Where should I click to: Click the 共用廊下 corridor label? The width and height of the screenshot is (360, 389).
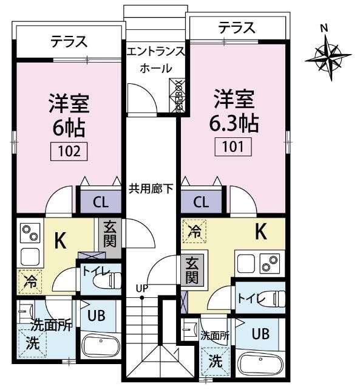pyautogui.click(x=151, y=188)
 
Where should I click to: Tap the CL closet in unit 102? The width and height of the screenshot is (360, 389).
pyautogui.click(x=101, y=202)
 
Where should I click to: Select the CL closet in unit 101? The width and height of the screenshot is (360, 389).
pyautogui.click(x=202, y=202)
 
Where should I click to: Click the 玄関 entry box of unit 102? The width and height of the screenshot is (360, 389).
pyautogui.click(x=110, y=233)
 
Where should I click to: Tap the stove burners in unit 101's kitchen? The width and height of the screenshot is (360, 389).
pyautogui.click(x=268, y=263)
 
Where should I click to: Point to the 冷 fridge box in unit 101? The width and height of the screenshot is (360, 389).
pyautogui.click(x=194, y=232)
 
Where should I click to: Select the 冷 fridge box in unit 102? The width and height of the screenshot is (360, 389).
pyautogui.click(x=30, y=281)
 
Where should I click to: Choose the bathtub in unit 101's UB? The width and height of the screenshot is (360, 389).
pyautogui.click(x=260, y=365)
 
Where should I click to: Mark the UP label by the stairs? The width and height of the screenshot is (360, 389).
pyautogui.click(x=141, y=287)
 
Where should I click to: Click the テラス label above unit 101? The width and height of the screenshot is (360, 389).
pyautogui.click(x=236, y=27)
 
